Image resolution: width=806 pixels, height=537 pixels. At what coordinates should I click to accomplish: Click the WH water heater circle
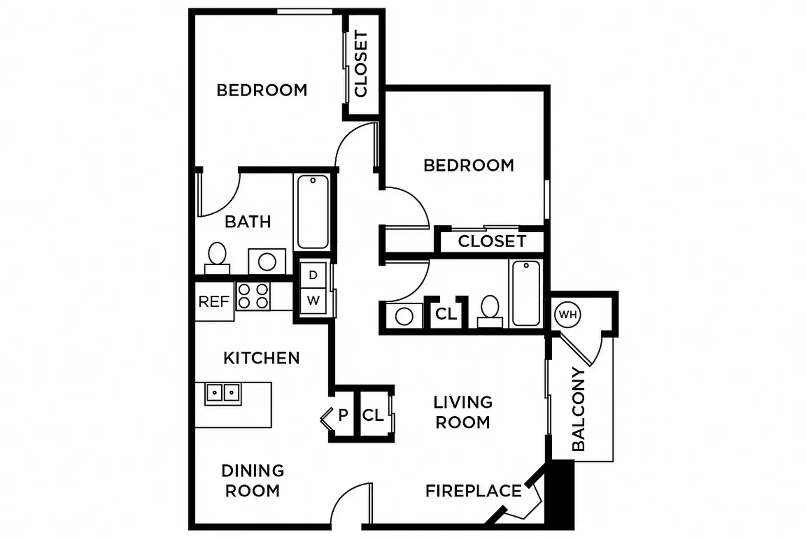click(x=568, y=314)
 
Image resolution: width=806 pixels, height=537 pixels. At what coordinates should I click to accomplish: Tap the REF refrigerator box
click(x=214, y=301)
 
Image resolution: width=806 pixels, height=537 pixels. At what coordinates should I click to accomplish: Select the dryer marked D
click(x=313, y=275)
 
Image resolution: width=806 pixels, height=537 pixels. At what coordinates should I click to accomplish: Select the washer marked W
click(x=313, y=300)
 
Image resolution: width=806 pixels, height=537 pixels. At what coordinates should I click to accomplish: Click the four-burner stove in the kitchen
click(x=253, y=296)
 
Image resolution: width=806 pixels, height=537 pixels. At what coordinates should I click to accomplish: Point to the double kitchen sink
click(x=223, y=393)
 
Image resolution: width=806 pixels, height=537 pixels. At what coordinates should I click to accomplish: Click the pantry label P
click(x=343, y=414)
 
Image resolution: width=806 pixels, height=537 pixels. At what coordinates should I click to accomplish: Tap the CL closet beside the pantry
click(x=373, y=415)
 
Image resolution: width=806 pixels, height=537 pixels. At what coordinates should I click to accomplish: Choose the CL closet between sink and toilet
click(x=446, y=314)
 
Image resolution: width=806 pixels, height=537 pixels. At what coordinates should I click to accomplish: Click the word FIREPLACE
click(x=474, y=491)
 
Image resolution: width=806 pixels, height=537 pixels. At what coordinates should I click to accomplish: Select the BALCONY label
click(x=578, y=409)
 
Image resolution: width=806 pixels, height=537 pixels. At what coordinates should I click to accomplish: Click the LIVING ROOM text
click(x=463, y=412)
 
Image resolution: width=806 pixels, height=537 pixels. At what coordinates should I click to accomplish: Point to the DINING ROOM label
click(x=253, y=481)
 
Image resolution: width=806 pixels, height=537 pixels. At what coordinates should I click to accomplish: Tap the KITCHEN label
click(x=262, y=358)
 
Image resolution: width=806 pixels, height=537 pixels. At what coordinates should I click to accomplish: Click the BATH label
click(x=248, y=222)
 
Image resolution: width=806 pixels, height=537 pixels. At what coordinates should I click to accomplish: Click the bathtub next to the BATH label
click(x=313, y=212)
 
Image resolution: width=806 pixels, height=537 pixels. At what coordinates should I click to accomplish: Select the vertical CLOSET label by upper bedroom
click(x=361, y=64)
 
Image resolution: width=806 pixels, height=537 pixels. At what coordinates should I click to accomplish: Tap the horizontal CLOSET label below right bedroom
click(x=492, y=241)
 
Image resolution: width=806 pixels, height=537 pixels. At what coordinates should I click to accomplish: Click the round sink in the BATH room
click(x=267, y=261)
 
